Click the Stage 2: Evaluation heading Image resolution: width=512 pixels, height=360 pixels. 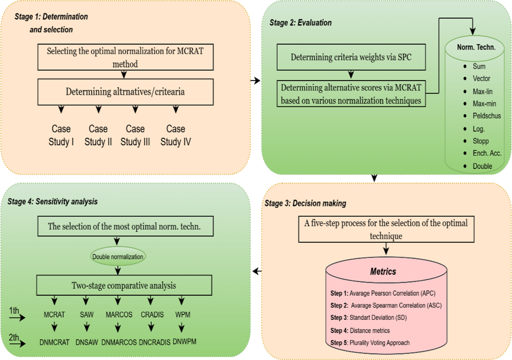click(301, 23)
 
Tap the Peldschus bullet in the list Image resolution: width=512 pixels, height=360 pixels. click(486, 116)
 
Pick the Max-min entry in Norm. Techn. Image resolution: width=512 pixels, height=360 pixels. click(484, 104)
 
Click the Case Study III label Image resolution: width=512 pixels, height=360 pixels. click(135, 135)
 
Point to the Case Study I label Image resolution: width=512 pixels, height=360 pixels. click(61, 135)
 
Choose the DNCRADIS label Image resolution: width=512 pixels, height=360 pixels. click(154, 342)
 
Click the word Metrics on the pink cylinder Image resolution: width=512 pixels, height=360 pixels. click(383, 271)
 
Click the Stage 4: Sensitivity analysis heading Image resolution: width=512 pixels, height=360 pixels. click(52, 202)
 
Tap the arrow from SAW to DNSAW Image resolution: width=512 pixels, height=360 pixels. click(87, 328)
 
